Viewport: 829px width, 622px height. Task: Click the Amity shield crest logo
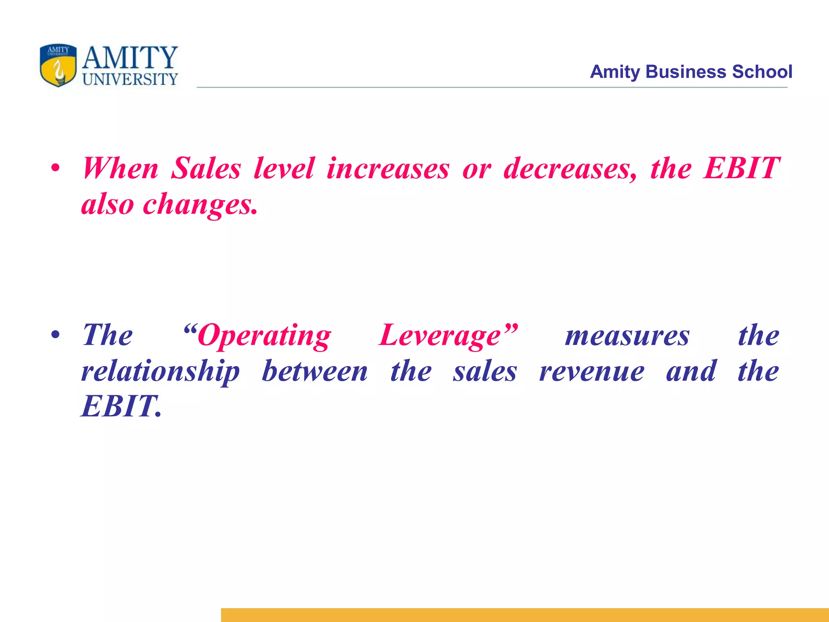(x=58, y=65)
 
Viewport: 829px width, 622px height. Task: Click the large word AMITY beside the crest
(x=130, y=58)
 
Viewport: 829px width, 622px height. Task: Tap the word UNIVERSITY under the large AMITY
(x=130, y=79)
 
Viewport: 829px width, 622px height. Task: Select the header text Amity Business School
(x=691, y=72)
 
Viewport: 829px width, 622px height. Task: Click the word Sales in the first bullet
(x=206, y=168)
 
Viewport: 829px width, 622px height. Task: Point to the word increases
(x=388, y=168)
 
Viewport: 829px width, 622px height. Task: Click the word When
(x=120, y=168)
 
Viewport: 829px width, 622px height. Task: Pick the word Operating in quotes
(x=264, y=336)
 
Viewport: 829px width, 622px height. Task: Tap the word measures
(x=627, y=336)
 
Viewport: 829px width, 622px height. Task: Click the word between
(x=315, y=371)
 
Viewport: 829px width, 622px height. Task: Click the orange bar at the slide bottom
(x=525, y=615)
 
